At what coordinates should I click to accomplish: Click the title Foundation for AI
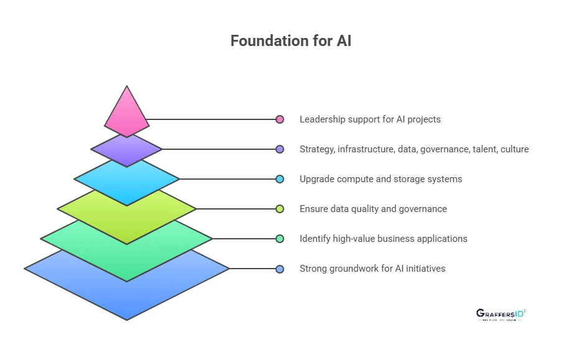(291, 41)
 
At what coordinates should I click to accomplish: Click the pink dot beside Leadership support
(280, 119)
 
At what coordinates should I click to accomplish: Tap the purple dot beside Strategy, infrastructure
(280, 149)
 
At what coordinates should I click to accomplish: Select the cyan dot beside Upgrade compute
(280, 179)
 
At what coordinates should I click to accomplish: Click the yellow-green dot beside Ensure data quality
(280, 209)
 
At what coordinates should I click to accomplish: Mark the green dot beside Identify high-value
(280, 239)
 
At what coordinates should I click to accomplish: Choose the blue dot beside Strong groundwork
(280, 269)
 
